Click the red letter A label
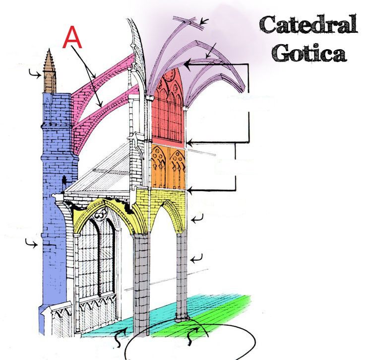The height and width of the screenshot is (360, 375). [x=72, y=37]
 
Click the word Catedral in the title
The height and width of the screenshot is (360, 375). [x=308, y=25]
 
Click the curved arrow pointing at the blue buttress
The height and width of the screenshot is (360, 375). [x=32, y=244]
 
